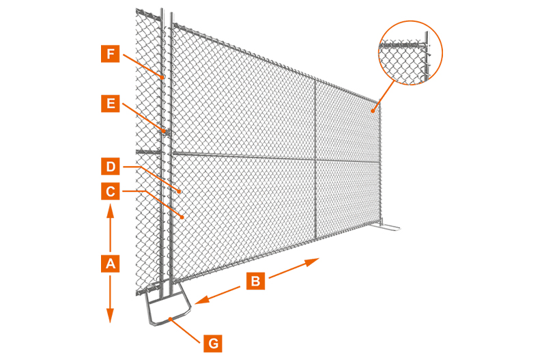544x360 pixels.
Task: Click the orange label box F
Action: tap(111, 54)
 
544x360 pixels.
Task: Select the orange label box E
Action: tap(111, 103)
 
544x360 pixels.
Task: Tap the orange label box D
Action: tap(111, 167)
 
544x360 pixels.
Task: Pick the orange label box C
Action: tap(111, 191)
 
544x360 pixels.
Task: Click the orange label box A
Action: tap(111, 264)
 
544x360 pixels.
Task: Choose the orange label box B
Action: tap(256, 281)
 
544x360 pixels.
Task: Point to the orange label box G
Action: tap(213, 344)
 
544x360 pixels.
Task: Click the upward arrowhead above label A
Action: tap(111, 210)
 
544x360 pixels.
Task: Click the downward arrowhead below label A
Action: tap(110, 316)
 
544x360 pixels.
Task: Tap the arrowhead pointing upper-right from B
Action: tap(312, 262)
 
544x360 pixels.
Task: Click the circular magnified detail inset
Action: tap(410, 53)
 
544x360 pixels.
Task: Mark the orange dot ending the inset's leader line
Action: tap(372, 111)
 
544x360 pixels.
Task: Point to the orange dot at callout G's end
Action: tap(170, 318)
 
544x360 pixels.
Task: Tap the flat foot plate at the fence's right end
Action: tap(387, 227)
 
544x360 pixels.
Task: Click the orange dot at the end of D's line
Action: tap(180, 191)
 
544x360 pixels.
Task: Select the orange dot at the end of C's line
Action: tap(182, 217)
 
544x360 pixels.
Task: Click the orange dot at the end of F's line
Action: tap(162, 77)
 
